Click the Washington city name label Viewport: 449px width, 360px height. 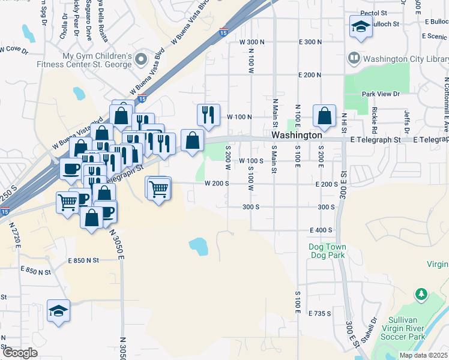tap(300, 136)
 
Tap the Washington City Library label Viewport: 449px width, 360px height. tap(406, 59)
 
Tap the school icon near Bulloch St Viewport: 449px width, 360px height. tap(361, 26)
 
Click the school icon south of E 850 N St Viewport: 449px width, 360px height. tap(59, 311)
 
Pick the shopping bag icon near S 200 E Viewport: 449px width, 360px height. tap(324, 116)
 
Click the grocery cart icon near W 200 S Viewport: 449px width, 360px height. tap(159, 189)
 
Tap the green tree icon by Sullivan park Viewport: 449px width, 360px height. tap(421, 294)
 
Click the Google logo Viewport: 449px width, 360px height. tap(20, 353)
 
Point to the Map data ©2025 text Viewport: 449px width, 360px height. tap(423, 355)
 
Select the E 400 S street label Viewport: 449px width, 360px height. tap(321, 230)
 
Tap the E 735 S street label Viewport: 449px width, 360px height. tap(320, 314)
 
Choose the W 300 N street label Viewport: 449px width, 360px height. tap(252, 42)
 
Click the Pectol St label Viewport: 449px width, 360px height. tap(373, 13)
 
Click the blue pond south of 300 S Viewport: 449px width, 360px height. tap(197, 245)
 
